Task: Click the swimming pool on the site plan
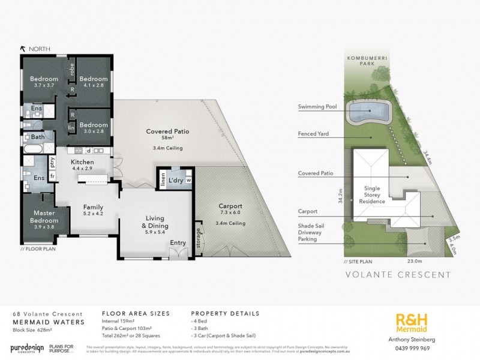(370, 111)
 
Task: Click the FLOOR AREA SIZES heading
(136, 313)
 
